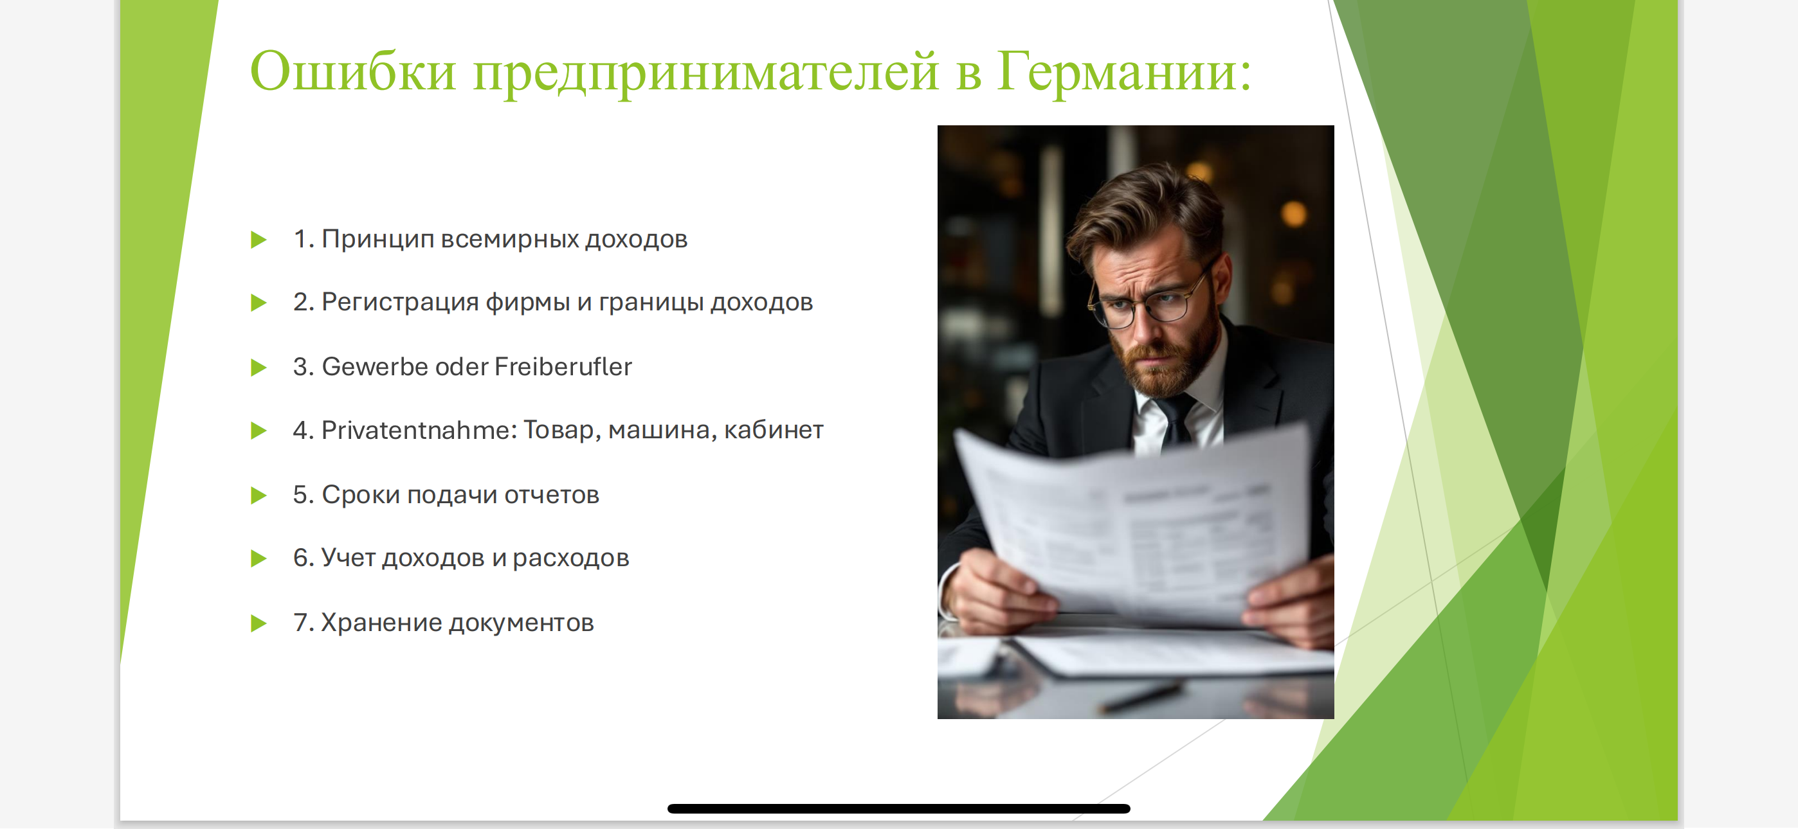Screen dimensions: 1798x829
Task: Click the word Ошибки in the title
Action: pos(353,71)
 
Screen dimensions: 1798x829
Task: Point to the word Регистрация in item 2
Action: pos(400,302)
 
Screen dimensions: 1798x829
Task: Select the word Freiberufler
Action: pos(563,366)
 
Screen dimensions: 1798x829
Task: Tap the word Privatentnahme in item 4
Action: pos(416,430)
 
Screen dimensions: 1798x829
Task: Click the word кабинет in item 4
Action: pos(774,431)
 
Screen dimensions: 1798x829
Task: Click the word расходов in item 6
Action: pos(570,558)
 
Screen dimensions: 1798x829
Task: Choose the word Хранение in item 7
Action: pos(381,623)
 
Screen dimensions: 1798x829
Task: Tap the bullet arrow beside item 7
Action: pos(259,623)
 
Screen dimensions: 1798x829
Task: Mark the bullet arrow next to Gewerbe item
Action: pos(259,367)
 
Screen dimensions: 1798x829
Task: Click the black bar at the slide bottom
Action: pos(898,809)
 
